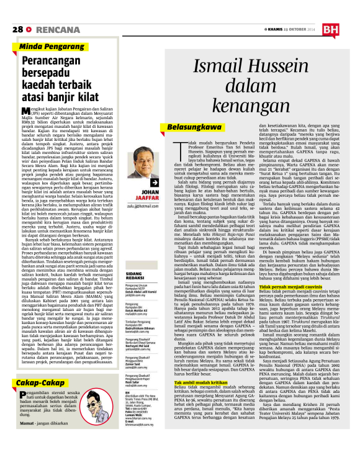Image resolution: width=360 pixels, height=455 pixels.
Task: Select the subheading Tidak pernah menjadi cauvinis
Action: (x=275, y=288)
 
